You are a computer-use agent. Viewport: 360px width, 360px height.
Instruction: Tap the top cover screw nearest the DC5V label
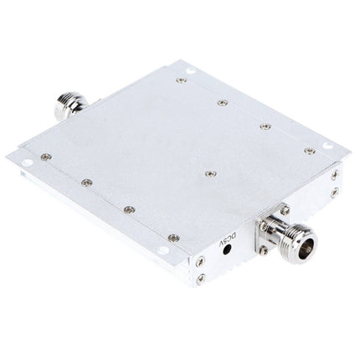click(x=170, y=237)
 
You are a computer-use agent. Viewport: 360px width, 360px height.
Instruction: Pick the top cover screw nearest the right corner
click(x=308, y=151)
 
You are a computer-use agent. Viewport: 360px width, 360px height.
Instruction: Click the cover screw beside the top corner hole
click(x=182, y=81)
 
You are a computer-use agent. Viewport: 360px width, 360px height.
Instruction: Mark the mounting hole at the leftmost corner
click(x=26, y=156)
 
